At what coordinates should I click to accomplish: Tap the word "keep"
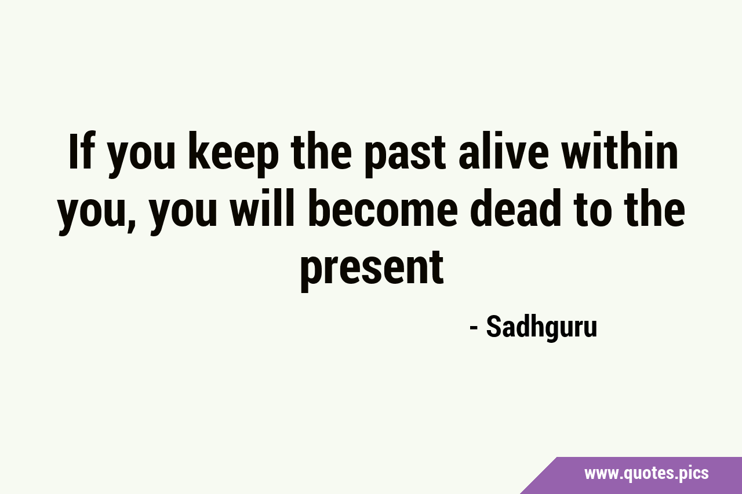[x=234, y=155]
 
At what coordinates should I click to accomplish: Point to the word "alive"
[x=504, y=151]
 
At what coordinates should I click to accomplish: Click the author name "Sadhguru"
[x=541, y=327]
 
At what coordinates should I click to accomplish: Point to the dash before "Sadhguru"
[x=474, y=328]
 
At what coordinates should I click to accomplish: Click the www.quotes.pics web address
[x=646, y=473]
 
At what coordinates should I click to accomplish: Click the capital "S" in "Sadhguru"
[x=494, y=327]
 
